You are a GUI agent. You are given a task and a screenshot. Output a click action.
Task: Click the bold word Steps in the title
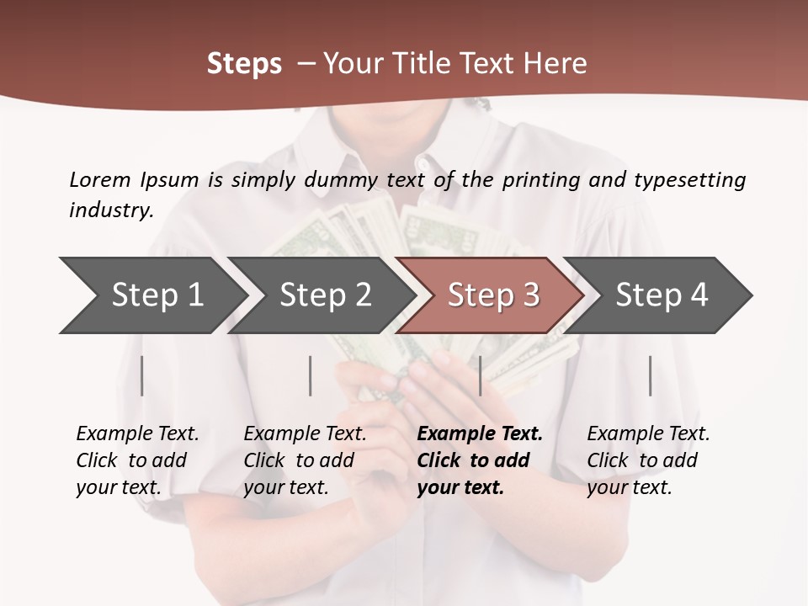[244, 64]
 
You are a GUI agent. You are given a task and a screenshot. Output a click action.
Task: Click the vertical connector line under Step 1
[142, 375]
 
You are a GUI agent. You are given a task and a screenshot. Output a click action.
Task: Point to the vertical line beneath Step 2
[311, 375]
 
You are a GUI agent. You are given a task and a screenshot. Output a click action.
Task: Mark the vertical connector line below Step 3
[480, 375]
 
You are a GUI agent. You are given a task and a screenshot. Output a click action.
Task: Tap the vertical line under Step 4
[650, 375]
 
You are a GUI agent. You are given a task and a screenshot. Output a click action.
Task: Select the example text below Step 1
[136, 460]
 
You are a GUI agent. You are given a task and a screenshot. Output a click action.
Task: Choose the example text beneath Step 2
[304, 460]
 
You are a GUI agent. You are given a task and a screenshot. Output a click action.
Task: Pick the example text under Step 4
[647, 460]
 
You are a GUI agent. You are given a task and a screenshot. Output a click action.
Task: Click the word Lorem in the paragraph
[100, 180]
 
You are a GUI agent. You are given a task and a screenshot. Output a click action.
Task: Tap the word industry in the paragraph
[110, 210]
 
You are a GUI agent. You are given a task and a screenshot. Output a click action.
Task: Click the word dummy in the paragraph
[341, 180]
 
